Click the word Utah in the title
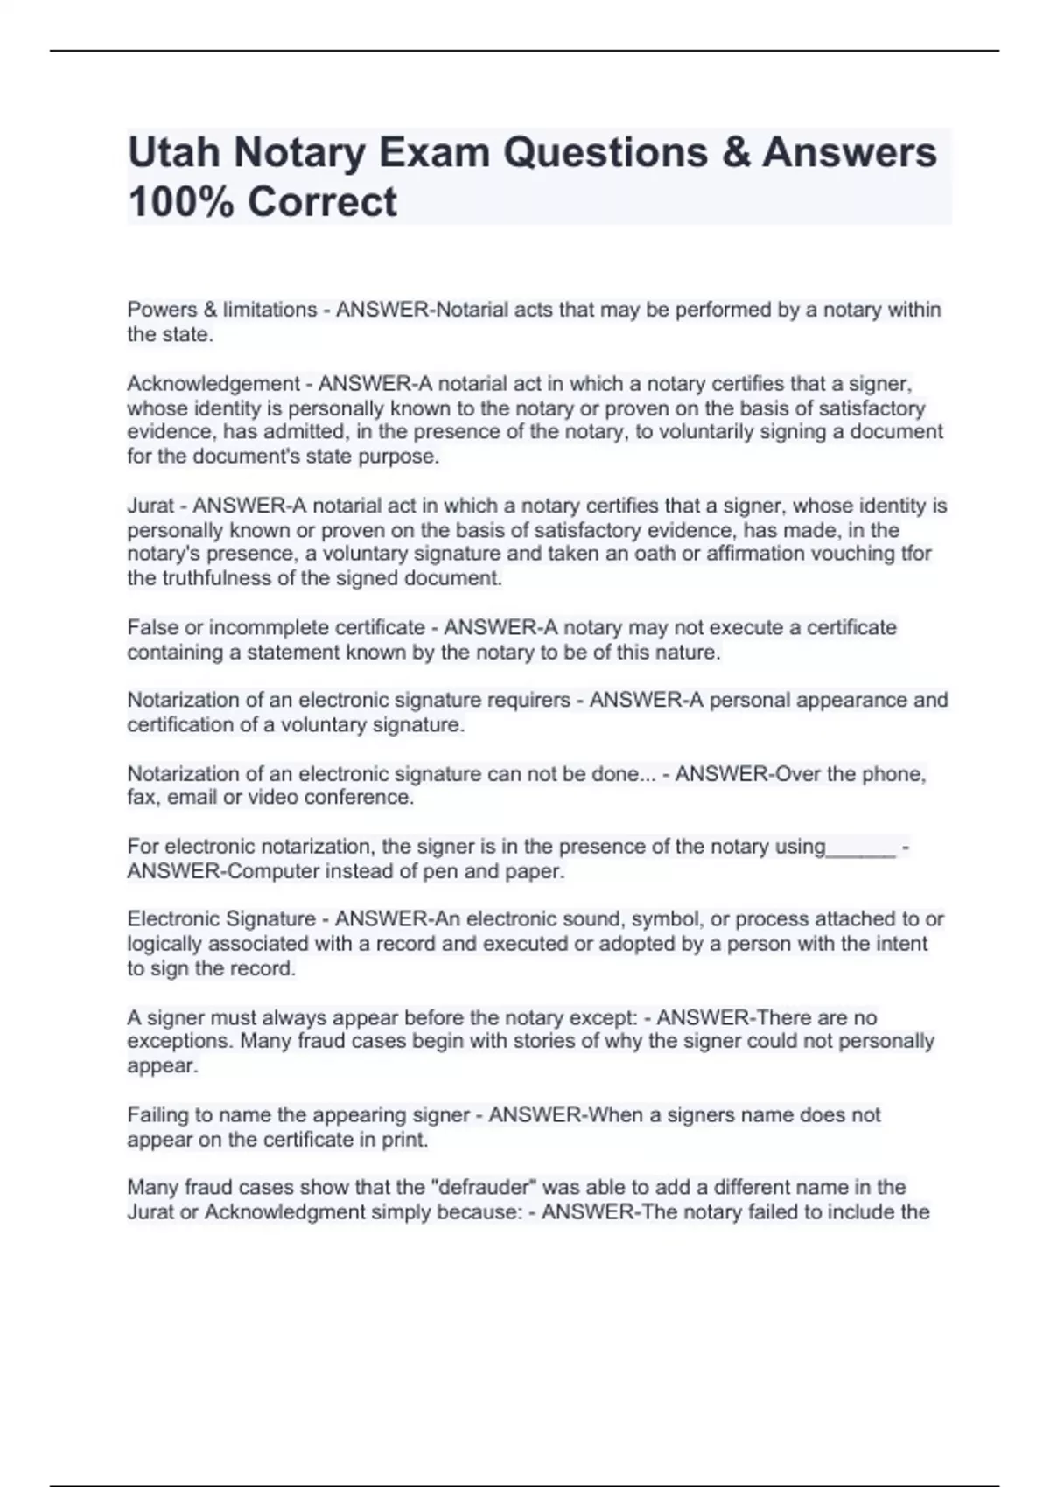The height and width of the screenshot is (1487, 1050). (173, 152)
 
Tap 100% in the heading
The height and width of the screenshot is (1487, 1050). (179, 202)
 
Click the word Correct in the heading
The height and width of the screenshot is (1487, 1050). (322, 202)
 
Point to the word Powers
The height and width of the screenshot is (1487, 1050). (162, 310)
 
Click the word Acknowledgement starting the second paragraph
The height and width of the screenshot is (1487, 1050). (213, 384)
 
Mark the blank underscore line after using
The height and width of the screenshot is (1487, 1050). (861, 848)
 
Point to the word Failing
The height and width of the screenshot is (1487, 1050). (159, 1115)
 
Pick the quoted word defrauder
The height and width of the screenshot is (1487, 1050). (488, 1188)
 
